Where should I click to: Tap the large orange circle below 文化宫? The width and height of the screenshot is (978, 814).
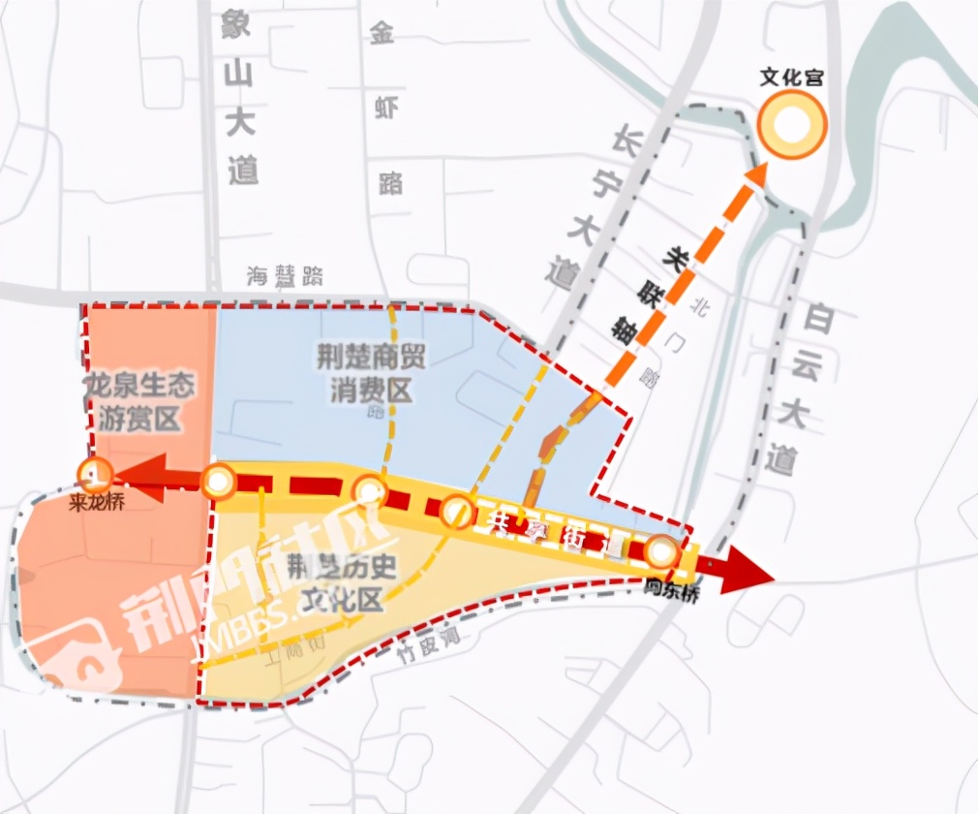pyautogui.click(x=791, y=127)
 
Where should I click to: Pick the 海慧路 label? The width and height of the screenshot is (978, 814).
pyautogui.click(x=285, y=276)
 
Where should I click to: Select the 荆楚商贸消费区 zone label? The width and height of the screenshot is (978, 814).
pyautogui.click(x=369, y=373)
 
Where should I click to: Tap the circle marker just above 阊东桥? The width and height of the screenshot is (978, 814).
pyautogui.click(x=662, y=553)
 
